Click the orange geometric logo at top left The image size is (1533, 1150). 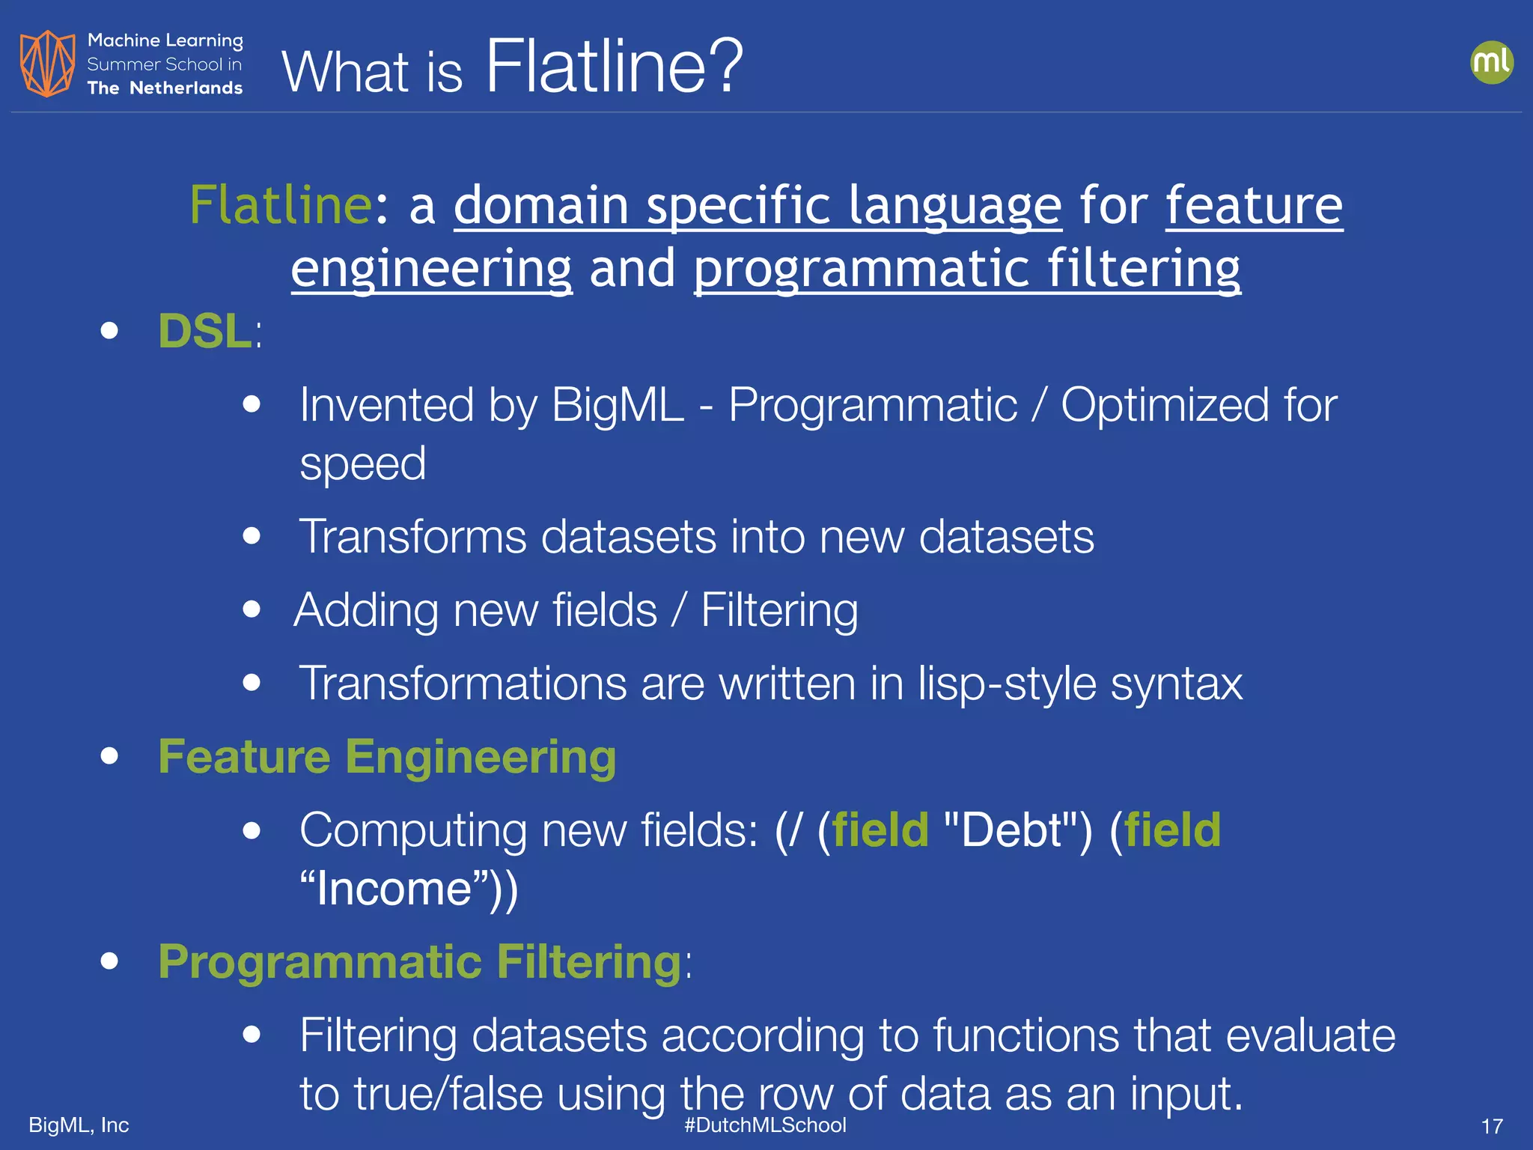click(x=47, y=64)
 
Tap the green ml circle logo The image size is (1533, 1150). click(x=1491, y=62)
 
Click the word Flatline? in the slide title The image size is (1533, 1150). click(x=614, y=67)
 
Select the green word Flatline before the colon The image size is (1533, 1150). click(x=280, y=205)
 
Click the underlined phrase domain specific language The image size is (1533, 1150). click(x=757, y=205)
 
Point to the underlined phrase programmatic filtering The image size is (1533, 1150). click(x=967, y=268)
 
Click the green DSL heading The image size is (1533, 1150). click(x=204, y=331)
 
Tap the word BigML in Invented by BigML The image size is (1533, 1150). click(x=618, y=405)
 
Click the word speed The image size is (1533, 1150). click(x=362, y=464)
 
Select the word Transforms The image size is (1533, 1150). click(x=412, y=537)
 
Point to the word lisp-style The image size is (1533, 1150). click(x=1007, y=684)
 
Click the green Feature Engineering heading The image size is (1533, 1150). click(x=387, y=757)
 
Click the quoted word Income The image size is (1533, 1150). click(x=396, y=889)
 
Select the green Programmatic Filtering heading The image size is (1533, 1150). click(x=420, y=962)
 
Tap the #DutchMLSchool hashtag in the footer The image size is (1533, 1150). click(x=765, y=1125)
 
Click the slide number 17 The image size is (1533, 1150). click(x=1491, y=1126)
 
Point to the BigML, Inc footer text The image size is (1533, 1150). click(x=79, y=1125)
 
